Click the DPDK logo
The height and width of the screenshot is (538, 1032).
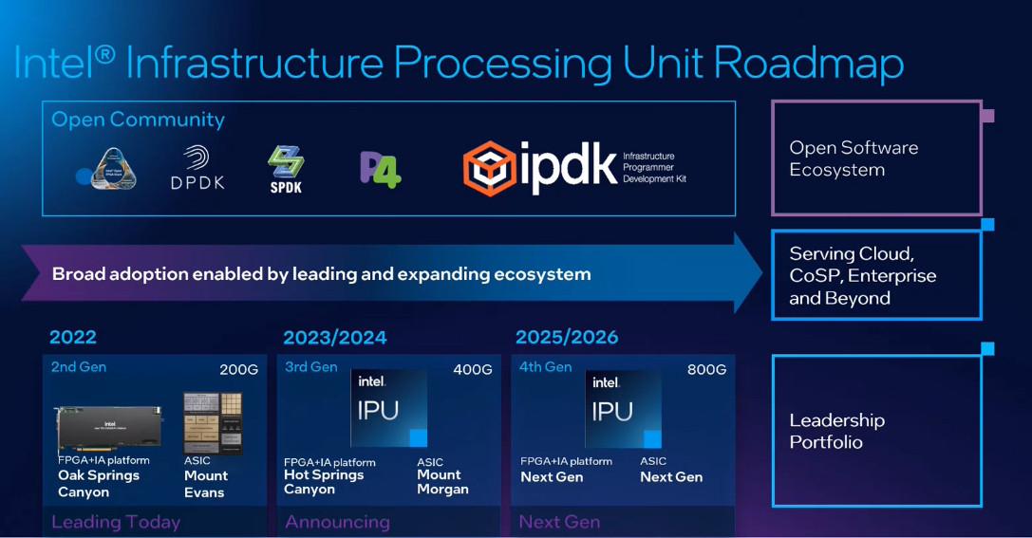coord(197,167)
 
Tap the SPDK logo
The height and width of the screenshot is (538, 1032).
coord(285,167)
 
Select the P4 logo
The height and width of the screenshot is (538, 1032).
coord(380,168)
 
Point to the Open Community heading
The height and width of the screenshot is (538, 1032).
coord(138,120)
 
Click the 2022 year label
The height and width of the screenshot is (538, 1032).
coord(73,337)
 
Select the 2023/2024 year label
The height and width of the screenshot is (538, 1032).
coord(335,338)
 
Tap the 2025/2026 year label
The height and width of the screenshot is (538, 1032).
coord(567,337)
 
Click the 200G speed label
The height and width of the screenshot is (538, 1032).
coord(238,369)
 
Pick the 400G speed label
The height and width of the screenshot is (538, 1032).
coord(473,369)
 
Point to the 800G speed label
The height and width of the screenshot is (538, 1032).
coord(706,369)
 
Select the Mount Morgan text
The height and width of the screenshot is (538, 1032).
coord(442,482)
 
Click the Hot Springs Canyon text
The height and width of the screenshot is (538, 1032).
coord(323,482)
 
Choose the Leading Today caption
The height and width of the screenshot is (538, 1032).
coord(116,522)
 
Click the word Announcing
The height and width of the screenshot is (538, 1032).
coord(337,522)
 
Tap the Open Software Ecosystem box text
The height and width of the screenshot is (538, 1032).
coord(854,158)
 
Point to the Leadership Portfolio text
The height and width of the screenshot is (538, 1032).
coord(836,431)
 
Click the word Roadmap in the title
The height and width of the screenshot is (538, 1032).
coord(808,64)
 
